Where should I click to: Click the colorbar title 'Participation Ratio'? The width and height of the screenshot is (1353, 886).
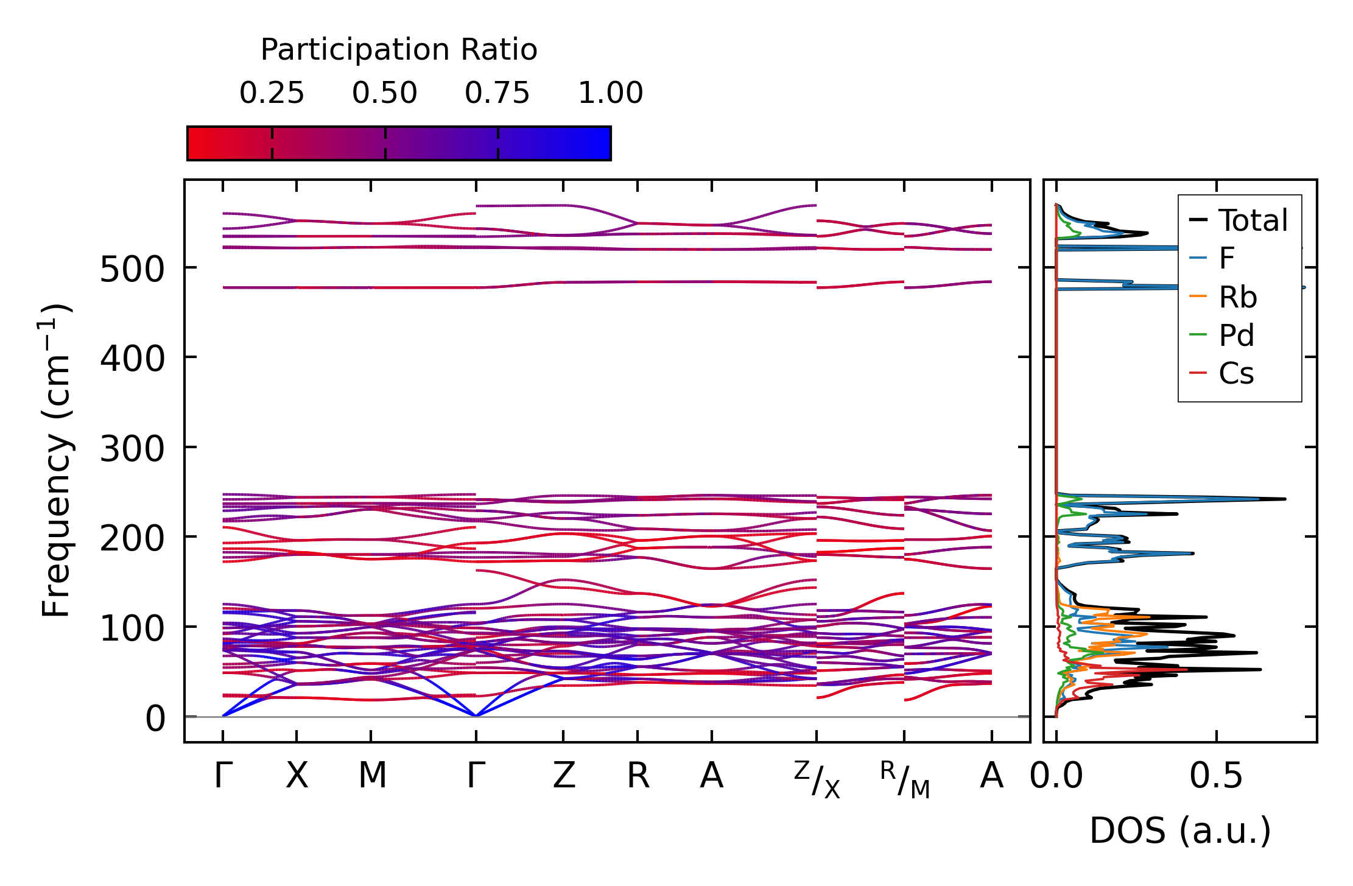point(399,50)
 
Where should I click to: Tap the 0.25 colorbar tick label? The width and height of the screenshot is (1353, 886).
point(272,93)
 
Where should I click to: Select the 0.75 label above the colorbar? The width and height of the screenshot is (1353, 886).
point(497,93)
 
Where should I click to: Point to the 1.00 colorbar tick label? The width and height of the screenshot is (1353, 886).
point(610,93)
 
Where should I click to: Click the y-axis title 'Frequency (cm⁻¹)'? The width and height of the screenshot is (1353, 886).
point(57,460)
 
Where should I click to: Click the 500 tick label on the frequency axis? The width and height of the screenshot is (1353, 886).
point(132,269)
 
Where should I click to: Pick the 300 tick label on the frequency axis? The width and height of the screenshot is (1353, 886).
point(132,449)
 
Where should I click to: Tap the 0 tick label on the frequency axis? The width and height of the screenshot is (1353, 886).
point(155,719)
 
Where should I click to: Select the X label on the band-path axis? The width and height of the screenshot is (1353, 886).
point(297,776)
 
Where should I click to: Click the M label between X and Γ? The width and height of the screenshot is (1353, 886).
point(372,776)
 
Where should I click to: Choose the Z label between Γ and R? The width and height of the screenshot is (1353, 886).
point(564,776)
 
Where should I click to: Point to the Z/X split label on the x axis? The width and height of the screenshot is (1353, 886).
point(817,779)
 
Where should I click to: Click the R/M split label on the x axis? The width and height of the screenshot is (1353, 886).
point(905,779)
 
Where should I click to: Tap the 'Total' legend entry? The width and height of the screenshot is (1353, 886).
point(1253,220)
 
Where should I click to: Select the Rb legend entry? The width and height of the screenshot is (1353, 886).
point(1237,297)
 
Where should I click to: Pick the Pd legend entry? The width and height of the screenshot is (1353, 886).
point(1236,335)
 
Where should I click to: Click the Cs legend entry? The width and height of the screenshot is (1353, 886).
point(1236,373)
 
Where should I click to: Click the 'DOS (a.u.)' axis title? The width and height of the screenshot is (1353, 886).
point(1180,831)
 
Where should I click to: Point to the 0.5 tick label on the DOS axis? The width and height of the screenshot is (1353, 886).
point(1216,776)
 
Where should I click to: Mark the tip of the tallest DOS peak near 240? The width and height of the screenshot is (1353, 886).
point(1285,499)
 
